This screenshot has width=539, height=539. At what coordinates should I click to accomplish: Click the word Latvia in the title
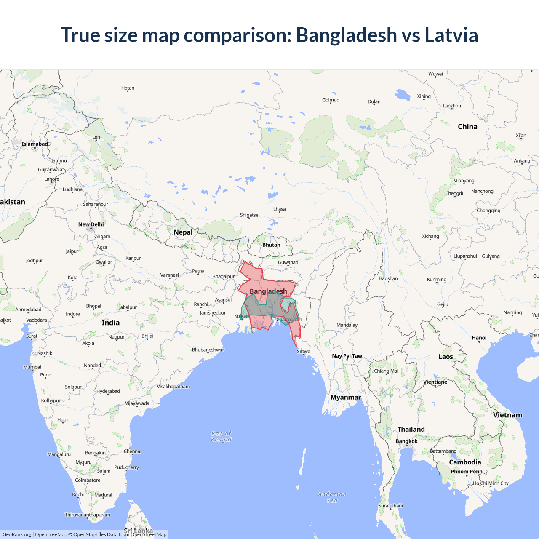(x=451, y=35)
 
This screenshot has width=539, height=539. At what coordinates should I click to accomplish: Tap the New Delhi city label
(x=91, y=224)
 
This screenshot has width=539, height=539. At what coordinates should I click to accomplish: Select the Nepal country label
(x=183, y=232)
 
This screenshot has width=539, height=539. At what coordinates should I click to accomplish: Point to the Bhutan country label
(x=271, y=245)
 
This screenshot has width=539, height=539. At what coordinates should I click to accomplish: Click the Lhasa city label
(x=279, y=209)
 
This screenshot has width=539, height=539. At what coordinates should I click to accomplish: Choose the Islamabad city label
(x=35, y=144)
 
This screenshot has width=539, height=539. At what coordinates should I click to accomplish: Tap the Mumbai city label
(x=32, y=367)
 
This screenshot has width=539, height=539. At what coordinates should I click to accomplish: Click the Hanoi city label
(x=479, y=338)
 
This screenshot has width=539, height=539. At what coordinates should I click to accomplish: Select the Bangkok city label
(x=406, y=441)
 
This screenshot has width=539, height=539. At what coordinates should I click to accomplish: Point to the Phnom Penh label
(x=467, y=472)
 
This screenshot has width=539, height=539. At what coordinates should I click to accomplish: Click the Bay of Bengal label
(x=221, y=437)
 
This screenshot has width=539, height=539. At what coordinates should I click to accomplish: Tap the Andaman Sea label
(x=332, y=497)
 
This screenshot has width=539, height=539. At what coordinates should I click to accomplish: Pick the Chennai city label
(x=133, y=451)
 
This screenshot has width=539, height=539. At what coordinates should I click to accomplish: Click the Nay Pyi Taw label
(x=347, y=356)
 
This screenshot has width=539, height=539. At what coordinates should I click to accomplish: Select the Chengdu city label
(x=455, y=193)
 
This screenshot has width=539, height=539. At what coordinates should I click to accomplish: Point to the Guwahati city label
(x=288, y=262)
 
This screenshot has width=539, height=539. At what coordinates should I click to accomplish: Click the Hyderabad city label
(x=108, y=391)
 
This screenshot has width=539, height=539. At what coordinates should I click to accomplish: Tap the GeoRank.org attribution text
(x=17, y=534)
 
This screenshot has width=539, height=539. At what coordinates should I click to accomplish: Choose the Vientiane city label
(x=435, y=382)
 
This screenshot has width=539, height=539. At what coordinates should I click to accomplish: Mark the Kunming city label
(x=437, y=280)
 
